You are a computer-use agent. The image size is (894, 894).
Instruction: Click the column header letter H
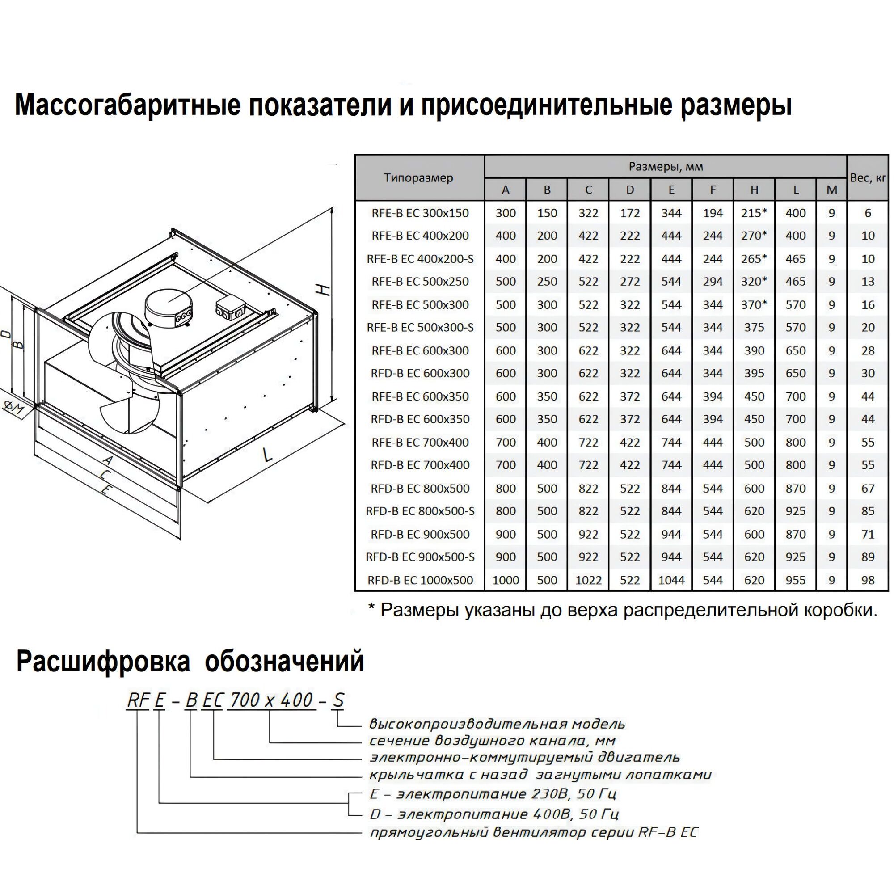tap(754, 190)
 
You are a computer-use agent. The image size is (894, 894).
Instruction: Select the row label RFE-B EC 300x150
tap(420, 213)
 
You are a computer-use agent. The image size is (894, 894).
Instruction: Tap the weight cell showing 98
tap(868, 580)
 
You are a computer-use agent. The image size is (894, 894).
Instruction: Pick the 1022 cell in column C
tap(588, 580)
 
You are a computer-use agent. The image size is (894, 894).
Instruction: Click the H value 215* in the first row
tap(754, 213)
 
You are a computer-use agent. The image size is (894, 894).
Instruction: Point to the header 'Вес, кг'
tap(868, 178)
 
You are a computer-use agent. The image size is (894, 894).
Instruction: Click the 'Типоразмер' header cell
tap(419, 178)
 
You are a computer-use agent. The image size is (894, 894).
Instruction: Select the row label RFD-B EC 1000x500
tap(420, 580)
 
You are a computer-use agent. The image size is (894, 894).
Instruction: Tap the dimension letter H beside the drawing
tap(325, 290)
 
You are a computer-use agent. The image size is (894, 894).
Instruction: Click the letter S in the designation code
tap(339, 700)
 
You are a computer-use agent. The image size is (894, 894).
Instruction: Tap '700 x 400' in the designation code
tap(271, 700)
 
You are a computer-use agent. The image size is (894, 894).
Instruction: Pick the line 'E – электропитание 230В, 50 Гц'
tap(493, 794)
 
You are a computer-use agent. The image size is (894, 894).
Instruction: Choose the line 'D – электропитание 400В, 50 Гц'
tap(494, 814)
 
